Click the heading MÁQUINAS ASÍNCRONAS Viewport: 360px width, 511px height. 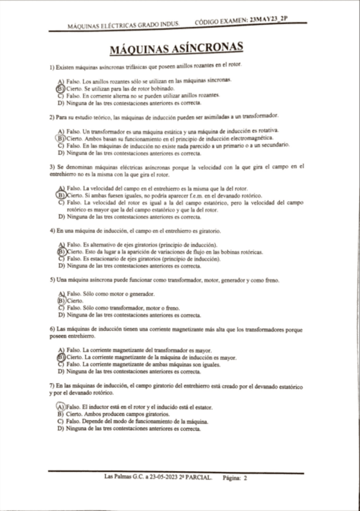coord(177,48)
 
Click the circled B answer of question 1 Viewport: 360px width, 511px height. coord(60,88)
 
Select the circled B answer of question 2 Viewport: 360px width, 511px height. coord(60,138)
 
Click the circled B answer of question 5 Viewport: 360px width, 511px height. coord(60,300)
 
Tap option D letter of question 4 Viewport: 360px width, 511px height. coord(60,266)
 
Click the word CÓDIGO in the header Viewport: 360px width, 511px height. coord(209,22)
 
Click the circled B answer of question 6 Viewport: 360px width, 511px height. coord(60,357)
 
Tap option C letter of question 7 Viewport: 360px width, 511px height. coord(60,422)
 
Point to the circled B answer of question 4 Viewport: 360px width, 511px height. coord(60,252)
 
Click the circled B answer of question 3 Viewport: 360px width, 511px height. coord(60,196)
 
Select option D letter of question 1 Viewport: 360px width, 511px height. coord(60,102)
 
